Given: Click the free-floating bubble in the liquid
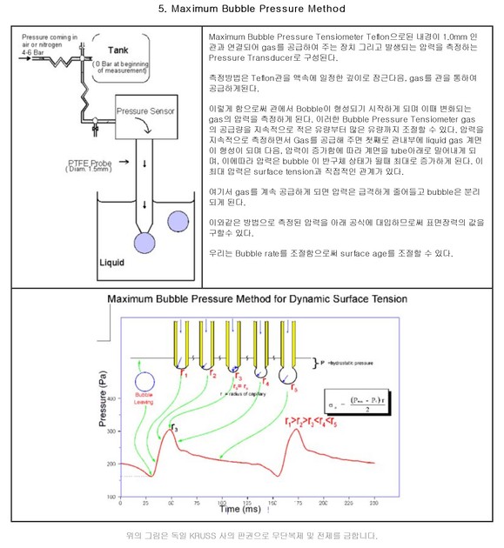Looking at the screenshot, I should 180,222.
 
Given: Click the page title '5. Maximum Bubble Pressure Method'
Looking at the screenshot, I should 252,9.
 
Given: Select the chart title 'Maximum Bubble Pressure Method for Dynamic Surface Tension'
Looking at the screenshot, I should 252,299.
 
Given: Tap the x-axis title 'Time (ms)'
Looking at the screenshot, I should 218,506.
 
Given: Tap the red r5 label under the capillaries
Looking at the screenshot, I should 293,386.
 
